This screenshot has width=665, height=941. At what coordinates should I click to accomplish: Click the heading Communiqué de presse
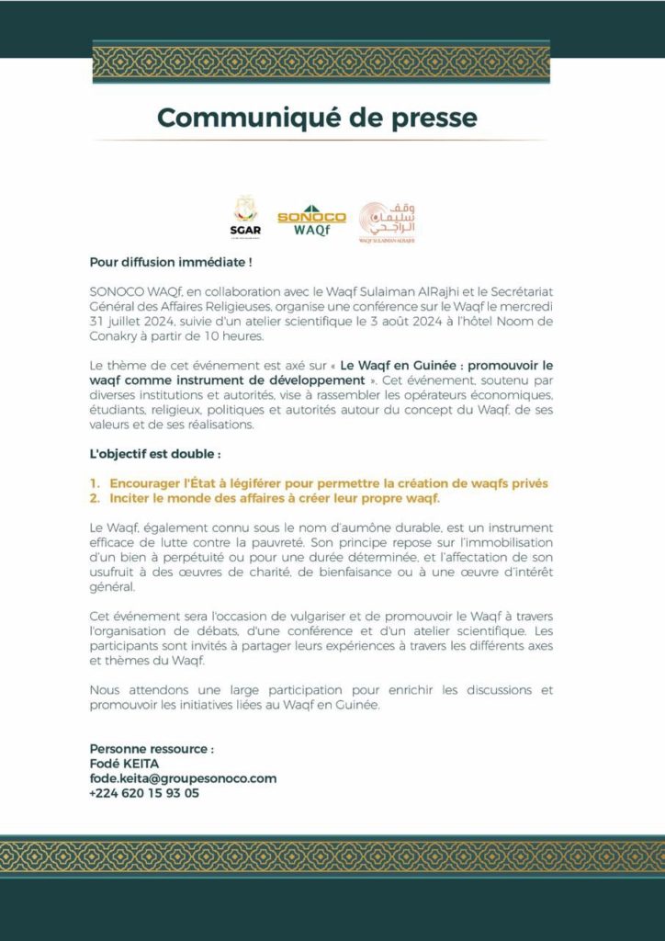point(317,119)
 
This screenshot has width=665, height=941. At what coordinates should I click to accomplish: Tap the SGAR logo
point(246,218)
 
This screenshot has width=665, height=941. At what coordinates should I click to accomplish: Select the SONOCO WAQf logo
point(311,220)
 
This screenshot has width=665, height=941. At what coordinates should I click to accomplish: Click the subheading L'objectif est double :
point(155,454)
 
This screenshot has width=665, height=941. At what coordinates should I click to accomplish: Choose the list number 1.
point(95,483)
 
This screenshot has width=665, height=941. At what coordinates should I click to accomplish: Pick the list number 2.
point(95,498)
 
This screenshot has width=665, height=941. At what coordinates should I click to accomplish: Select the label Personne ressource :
point(152,749)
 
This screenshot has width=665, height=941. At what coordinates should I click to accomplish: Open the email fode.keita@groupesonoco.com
point(183,778)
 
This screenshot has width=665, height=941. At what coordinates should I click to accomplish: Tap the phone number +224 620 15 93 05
point(144,793)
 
